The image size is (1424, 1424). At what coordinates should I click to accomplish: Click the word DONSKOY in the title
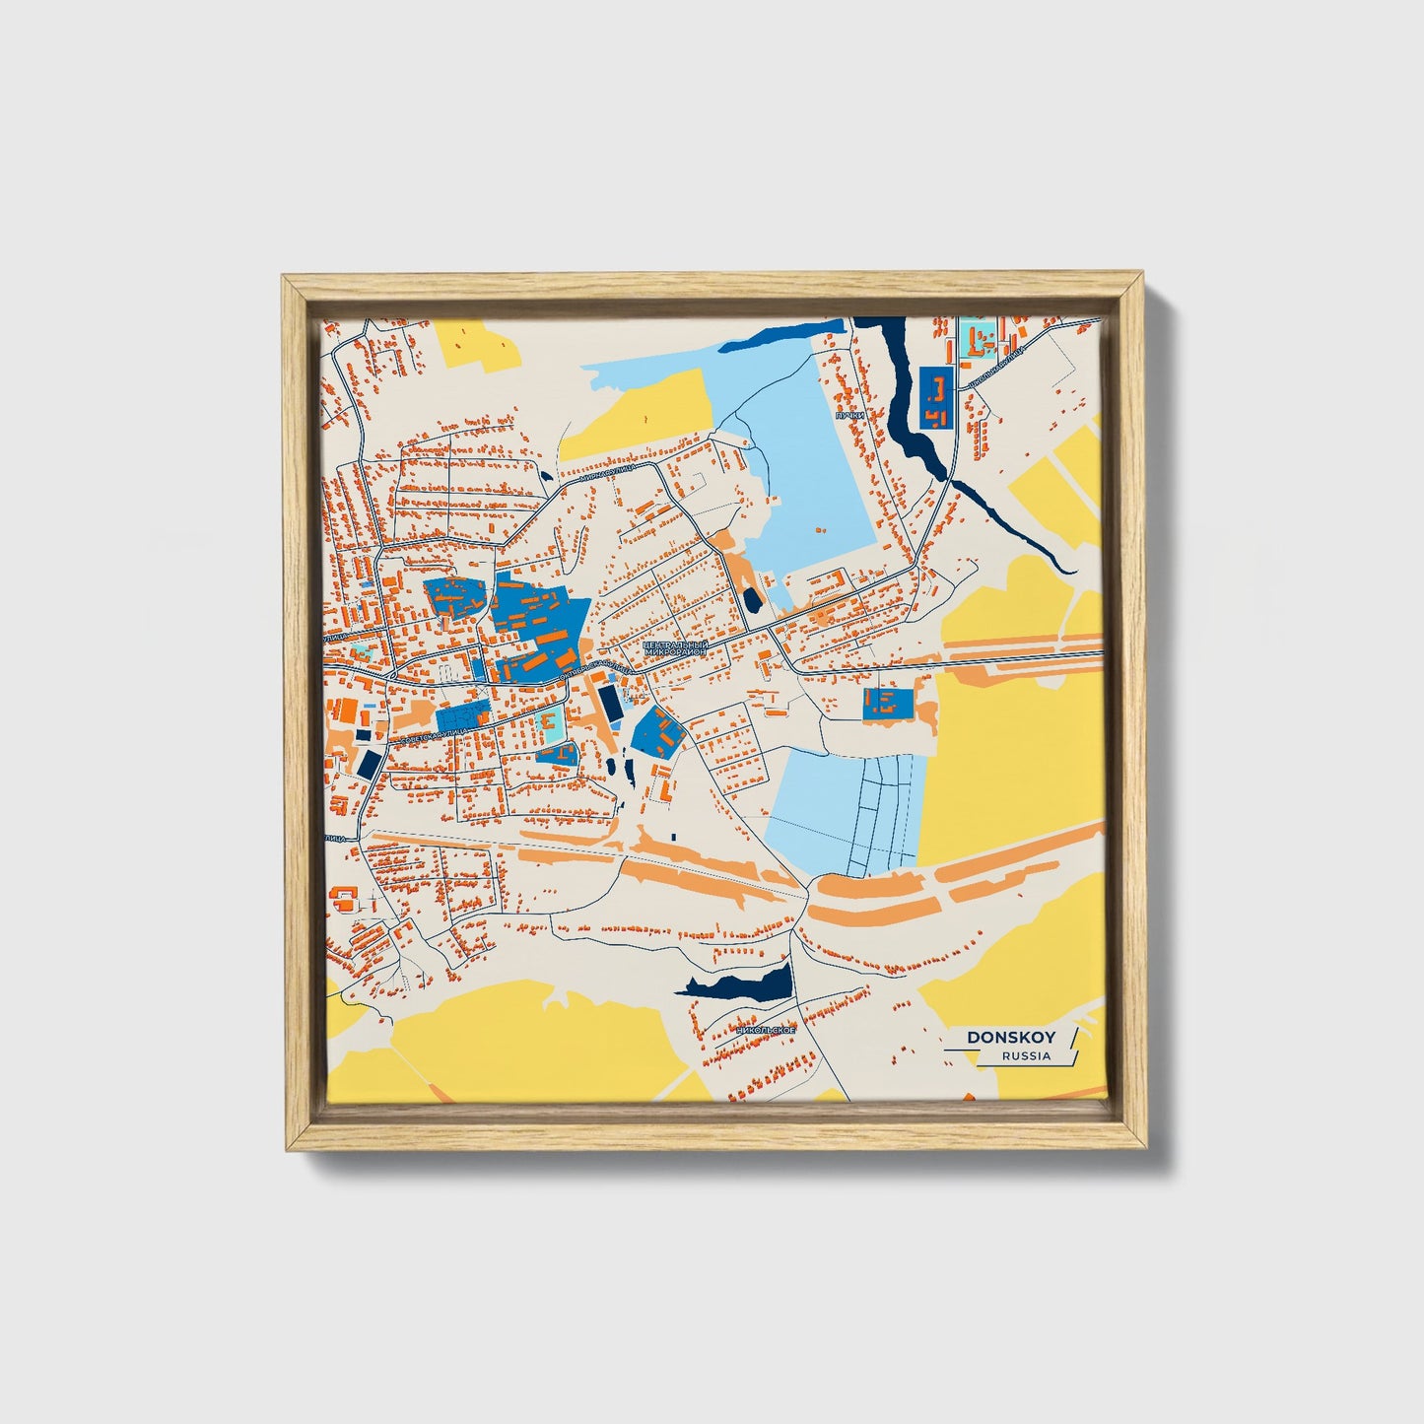click(1010, 1037)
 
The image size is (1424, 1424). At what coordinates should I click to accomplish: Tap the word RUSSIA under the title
click(1026, 1056)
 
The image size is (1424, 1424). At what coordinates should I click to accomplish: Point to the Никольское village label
click(766, 1030)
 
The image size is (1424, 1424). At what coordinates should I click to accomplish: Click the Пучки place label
click(849, 416)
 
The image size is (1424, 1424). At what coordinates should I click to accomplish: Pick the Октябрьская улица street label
click(595, 672)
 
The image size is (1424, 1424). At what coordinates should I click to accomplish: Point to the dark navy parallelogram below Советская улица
click(370, 764)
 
